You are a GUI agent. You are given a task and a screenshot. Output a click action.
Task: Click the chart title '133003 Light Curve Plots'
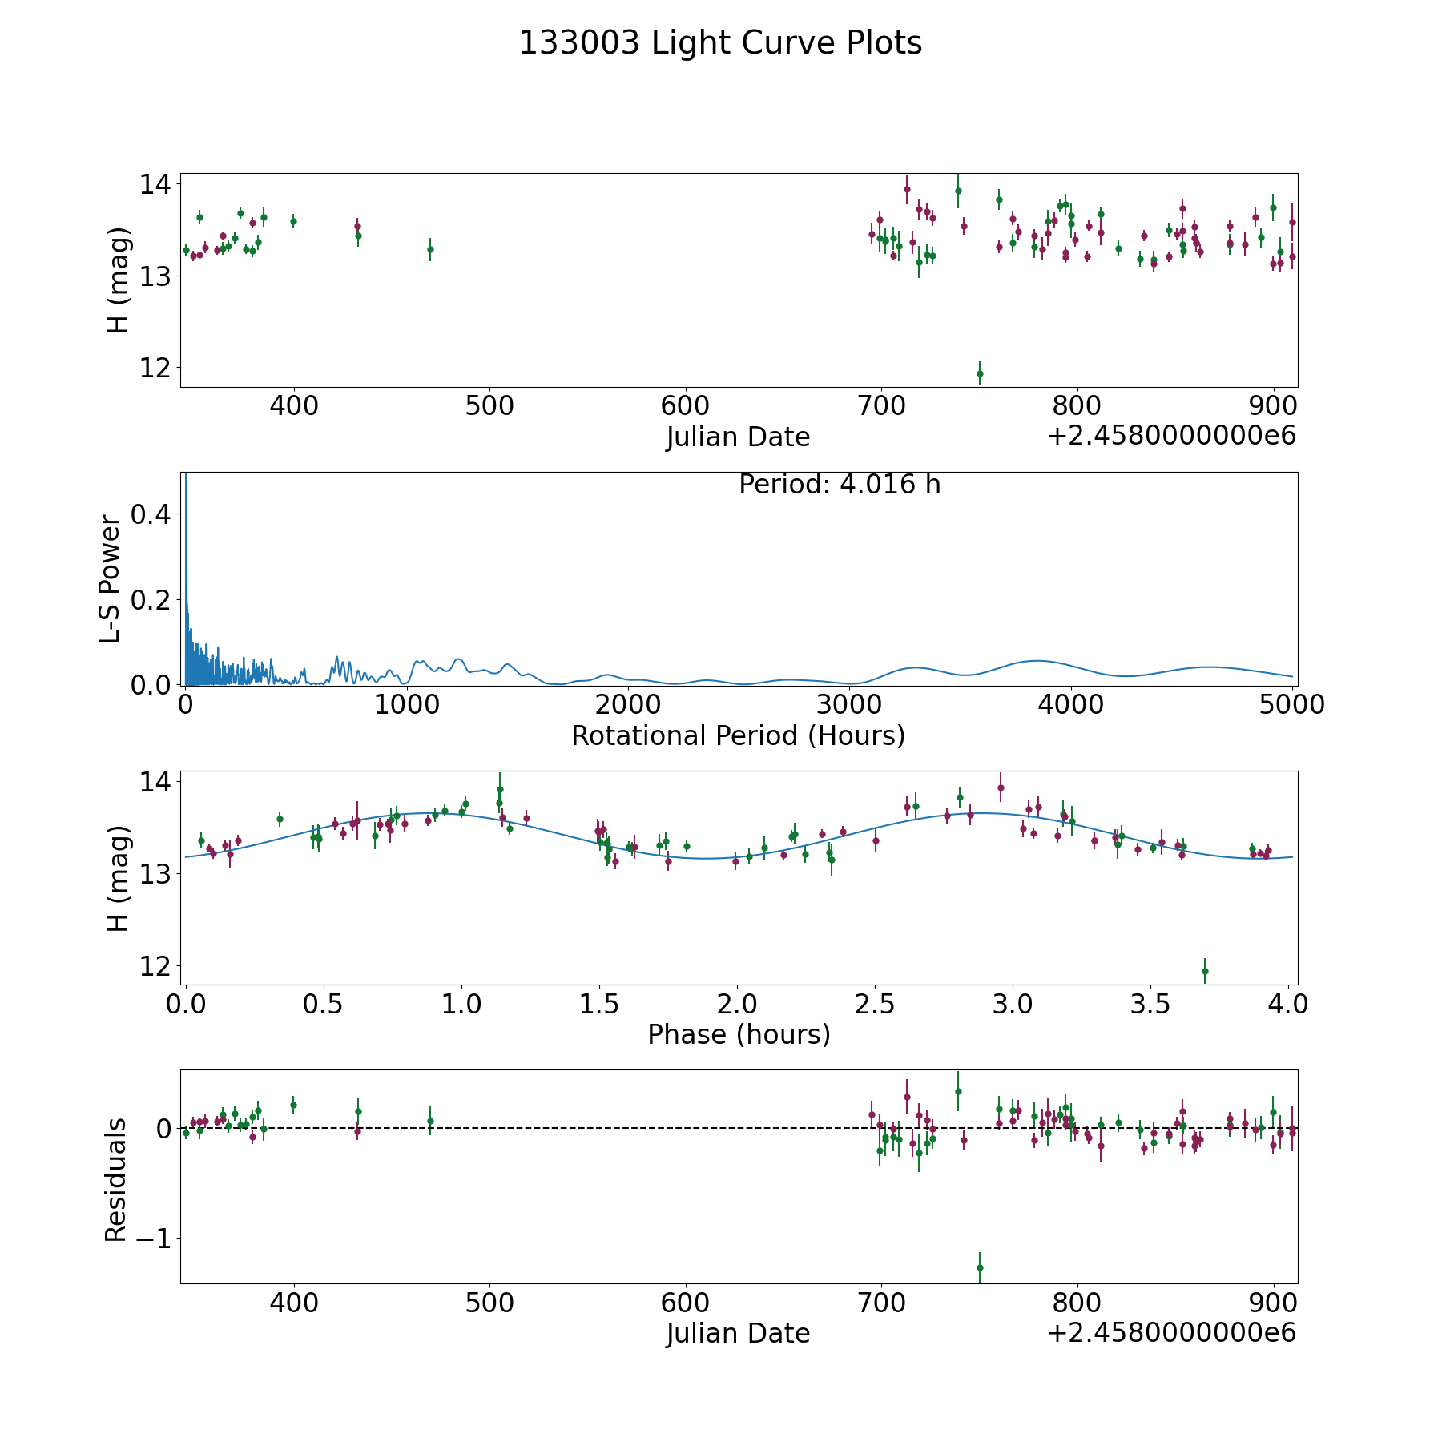coord(720,43)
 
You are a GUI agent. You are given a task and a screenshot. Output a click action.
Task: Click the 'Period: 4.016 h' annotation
coord(839,485)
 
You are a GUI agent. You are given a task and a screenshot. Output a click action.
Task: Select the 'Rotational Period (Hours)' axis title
coord(738,735)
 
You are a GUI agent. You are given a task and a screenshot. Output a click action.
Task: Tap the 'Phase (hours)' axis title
coord(738,1035)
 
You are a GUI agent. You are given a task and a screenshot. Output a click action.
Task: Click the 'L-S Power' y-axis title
coord(111,578)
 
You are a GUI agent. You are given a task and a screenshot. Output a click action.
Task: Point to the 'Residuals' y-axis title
coord(116,1180)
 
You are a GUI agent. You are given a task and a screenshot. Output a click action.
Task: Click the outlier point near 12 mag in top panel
coord(980,373)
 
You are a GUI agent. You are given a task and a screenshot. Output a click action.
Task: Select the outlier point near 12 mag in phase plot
coord(1204,971)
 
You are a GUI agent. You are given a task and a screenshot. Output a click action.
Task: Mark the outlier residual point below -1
coord(980,1267)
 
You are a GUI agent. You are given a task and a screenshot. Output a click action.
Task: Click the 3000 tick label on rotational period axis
coord(849,704)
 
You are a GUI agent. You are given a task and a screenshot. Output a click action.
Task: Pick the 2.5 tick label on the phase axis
coord(875,1004)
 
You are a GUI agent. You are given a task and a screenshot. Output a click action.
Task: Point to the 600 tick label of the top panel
coord(686,405)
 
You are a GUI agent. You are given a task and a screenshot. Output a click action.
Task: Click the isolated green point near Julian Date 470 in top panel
coord(430,249)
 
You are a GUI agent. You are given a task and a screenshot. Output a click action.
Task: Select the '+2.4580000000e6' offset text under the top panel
coord(1171,437)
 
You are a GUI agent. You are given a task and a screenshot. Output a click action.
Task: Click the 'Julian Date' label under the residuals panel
coord(738,1333)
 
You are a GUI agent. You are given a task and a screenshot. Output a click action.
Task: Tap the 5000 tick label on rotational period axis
coord(1292,704)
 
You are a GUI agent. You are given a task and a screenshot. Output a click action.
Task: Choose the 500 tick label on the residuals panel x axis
coord(489,1303)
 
